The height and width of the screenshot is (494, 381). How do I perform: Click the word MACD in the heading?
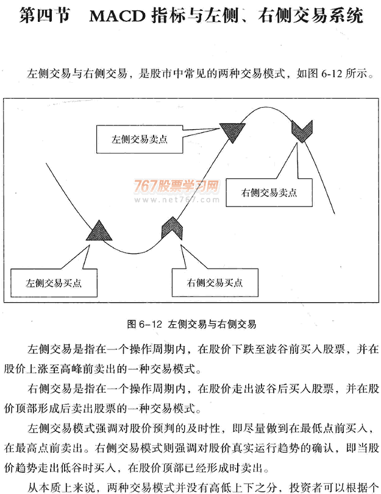pyautogui.click(x=117, y=16)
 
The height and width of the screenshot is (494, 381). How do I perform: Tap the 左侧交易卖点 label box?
pyautogui.click(x=140, y=139)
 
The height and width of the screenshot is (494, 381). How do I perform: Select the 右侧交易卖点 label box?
pyautogui.click(x=269, y=192)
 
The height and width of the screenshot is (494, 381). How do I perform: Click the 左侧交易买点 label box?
pyautogui.click(x=54, y=283)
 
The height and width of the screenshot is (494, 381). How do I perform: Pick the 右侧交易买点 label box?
pyautogui.click(x=215, y=283)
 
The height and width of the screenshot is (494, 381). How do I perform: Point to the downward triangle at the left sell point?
pyautogui.click(x=232, y=132)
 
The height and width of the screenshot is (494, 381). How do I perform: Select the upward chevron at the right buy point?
pyautogui.click(x=172, y=228)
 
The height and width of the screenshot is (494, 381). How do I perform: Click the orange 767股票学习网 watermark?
pyautogui.click(x=176, y=186)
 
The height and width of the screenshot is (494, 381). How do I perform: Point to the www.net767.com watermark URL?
pyautogui.click(x=177, y=199)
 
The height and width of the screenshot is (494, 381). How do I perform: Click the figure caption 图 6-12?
pyautogui.click(x=144, y=324)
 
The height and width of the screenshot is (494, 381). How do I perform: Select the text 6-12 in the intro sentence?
pyautogui.click(x=332, y=74)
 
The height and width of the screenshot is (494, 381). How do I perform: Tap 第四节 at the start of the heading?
pyautogui.click(x=44, y=16)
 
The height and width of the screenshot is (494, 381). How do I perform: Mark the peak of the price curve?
pyautogui.click(x=267, y=107)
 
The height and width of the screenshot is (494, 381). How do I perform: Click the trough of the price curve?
pyautogui.click(x=135, y=253)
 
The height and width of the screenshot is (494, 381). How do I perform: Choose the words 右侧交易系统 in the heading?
pyautogui.click(x=311, y=16)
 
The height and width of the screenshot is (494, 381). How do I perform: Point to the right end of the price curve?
pyautogui.click(x=334, y=214)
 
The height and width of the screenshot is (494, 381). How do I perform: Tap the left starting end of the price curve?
pyautogui.click(x=46, y=163)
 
